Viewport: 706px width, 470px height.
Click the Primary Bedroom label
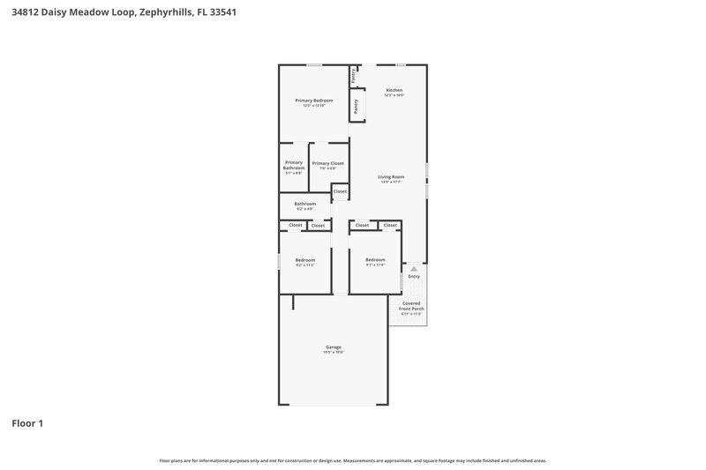click(x=313, y=101)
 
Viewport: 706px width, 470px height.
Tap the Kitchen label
click(x=394, y=90)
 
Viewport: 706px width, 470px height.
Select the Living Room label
click(x=391, y=176)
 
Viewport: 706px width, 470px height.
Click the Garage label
click(x=334, y=347)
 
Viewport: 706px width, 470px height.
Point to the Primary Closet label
click(x=327, y=163)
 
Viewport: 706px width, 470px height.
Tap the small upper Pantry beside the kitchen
click(x=353, y=76)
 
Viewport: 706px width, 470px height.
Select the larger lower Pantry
click(x=356, y=107)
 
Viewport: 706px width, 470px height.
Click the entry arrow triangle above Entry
click(x=414, y=268)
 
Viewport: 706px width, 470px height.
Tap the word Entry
click(x=414, y=277)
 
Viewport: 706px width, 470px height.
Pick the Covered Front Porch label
click(x=411, y=306)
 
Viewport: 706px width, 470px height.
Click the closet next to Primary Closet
click(x=340, y=191)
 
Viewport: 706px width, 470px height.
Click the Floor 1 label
click(x=26, y=423)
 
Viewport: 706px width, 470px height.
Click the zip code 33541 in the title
click(x=220, y=13)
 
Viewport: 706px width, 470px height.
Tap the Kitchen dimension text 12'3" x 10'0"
click(x=394, y=95)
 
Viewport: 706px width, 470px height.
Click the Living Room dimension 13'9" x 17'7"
click(x=391, y=182)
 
